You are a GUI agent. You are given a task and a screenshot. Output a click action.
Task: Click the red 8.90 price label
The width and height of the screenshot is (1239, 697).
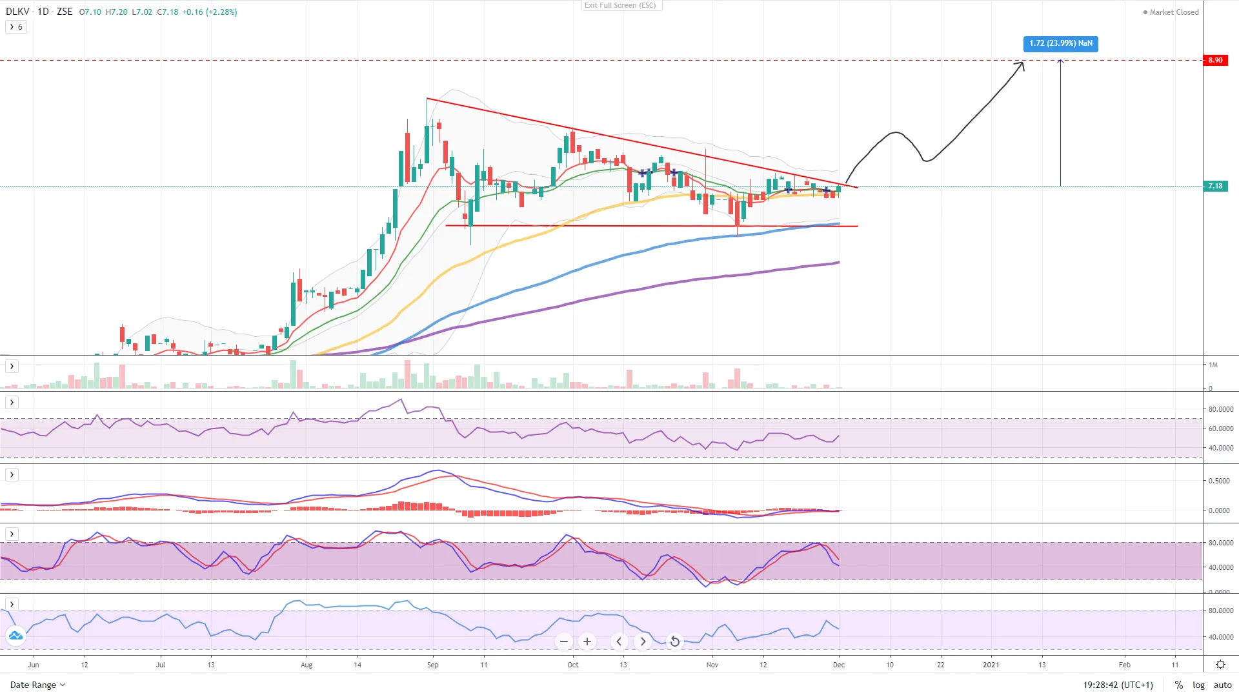click(x=1215, y=60)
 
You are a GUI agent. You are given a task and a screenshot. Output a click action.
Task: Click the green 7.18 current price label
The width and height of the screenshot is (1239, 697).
click(x=1215, y=186)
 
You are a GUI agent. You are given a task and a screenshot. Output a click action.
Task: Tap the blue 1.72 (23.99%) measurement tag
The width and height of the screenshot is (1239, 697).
click(x=1060, y=43)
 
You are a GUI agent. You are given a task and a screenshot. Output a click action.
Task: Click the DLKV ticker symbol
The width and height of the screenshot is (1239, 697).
click(x=17, y=12)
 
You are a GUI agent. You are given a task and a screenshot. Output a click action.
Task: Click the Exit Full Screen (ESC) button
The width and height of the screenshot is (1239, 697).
click(x=620, y=5)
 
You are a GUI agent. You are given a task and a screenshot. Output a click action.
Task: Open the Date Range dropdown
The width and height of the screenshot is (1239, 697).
click(x=37, y=685)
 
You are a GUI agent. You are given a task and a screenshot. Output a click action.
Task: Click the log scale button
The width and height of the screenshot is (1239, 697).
click(x=1198, y=685)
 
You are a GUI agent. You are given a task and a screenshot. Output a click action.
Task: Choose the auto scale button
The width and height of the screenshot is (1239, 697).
click(x=1222, y=685)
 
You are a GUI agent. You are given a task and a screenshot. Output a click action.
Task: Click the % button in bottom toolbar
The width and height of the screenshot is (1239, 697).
click(x=1178, y=685)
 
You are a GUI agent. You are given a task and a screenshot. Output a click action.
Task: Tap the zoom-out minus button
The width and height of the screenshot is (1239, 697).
click(x=564, y=641)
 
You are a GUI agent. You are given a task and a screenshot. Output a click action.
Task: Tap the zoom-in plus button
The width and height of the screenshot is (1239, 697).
click(x=587, y=641)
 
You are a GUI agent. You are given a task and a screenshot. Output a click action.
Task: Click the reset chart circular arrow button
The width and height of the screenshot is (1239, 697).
click(x=674, y=641)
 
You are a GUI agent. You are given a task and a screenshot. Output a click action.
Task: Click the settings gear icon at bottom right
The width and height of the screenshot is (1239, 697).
click(x=1220, y=665)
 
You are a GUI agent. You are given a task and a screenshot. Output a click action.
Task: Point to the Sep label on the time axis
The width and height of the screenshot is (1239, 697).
click(x=432, y=665)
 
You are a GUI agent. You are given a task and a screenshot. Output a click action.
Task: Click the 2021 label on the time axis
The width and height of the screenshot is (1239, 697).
click(x=991, y=665)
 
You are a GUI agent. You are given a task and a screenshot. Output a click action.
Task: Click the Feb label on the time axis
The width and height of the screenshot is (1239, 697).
click(x=1124, y=665)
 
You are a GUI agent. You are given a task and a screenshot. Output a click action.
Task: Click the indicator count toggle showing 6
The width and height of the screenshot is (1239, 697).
click(x=16, y=27)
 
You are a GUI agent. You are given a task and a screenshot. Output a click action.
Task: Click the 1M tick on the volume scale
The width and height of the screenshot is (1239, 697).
click(x=1213, y=365)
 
